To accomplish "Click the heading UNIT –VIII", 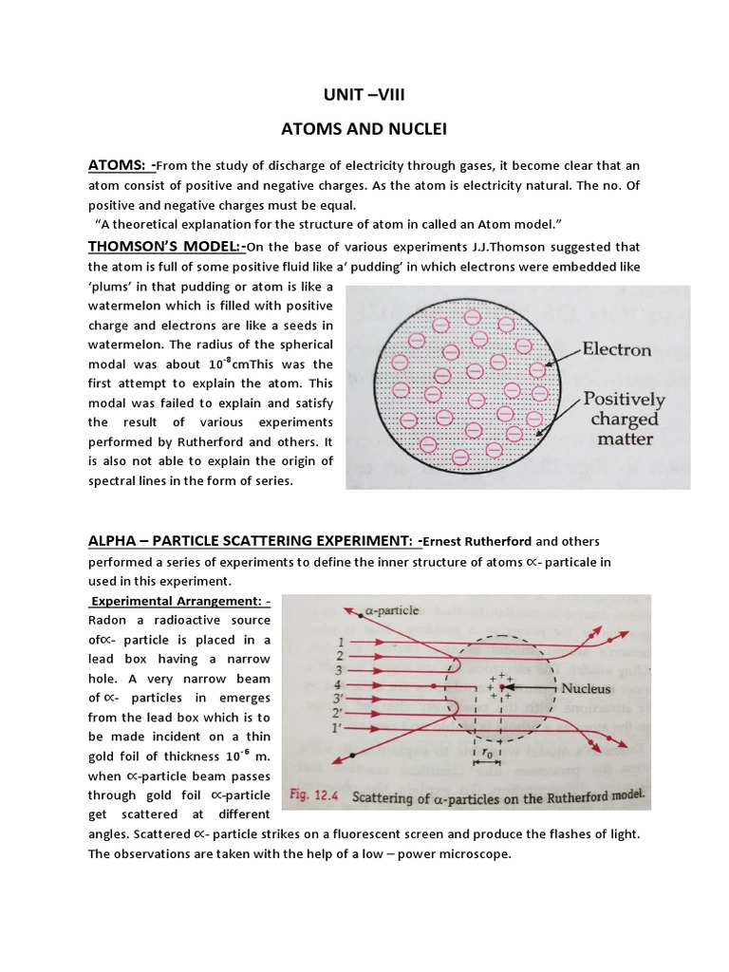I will [365, 97].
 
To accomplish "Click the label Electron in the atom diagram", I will [616, 349].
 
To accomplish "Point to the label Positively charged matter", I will [623, 419].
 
